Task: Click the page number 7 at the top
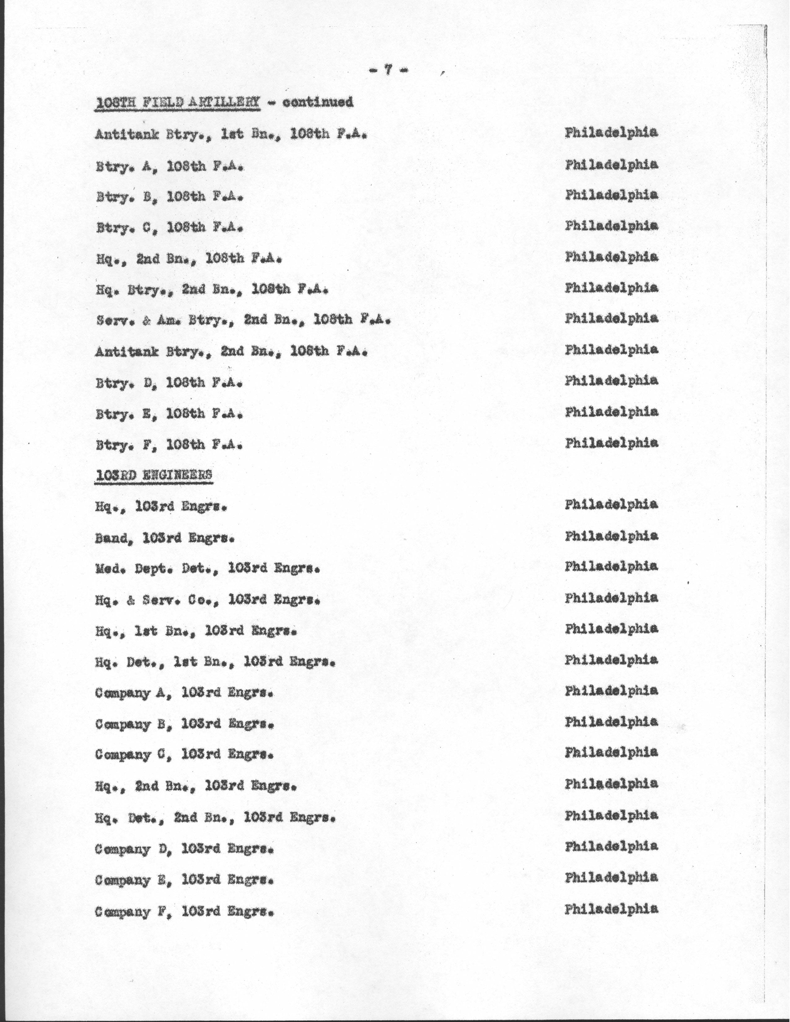click(388, 70)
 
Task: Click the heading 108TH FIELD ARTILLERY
click(178, 103)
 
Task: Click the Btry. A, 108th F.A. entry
click(169, 166)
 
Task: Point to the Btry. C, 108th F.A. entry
click(169, 228)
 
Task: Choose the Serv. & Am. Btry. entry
click(243, 320)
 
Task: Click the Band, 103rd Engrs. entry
click(164, 538)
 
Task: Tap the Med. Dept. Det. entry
click(208, 569)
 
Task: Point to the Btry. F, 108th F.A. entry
click(169, 444)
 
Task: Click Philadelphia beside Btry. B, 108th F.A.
click(611, 195)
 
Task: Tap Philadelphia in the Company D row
click(611, 846)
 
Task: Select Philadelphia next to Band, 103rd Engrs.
click(611, 536)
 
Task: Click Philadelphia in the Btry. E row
click(611, 412)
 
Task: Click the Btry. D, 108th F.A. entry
click(169, 383)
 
